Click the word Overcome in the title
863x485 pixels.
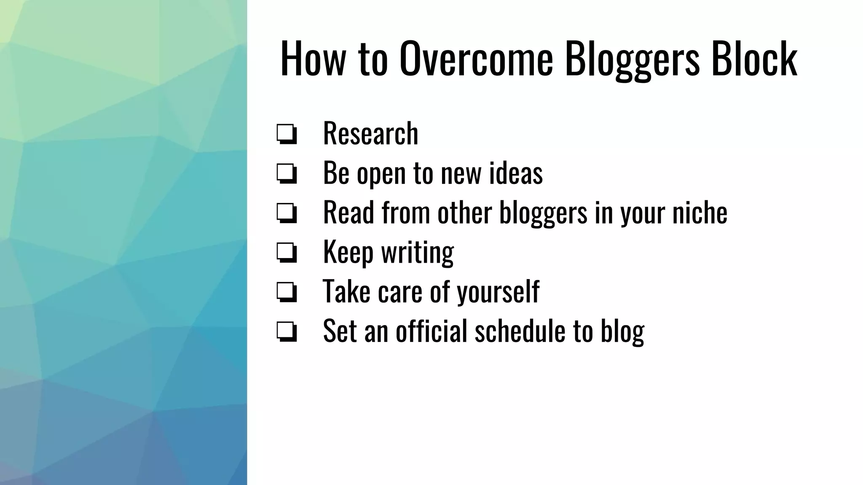476,59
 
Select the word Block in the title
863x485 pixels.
754,59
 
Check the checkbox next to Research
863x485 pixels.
287,134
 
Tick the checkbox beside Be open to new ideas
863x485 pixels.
287,173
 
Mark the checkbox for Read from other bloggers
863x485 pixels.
287,213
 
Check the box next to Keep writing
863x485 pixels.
287,252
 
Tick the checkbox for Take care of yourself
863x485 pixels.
287,292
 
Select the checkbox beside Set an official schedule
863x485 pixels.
287,331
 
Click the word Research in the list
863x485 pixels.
370,133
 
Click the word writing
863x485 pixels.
418,252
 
